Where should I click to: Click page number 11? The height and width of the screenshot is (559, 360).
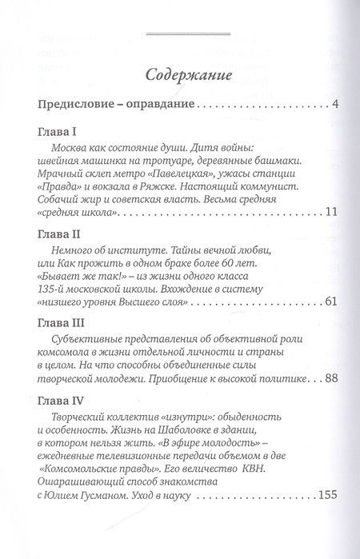[x=312, y=212]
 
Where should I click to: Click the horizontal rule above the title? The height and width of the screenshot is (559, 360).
[x=181, y=33]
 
